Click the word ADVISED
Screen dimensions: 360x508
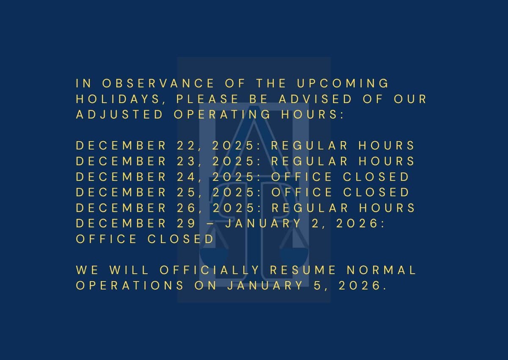coord(315,99)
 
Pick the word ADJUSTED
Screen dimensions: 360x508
coord(119,115)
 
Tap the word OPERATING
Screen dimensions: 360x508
coord(222,115)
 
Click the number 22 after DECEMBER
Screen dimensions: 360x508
coord(185,146)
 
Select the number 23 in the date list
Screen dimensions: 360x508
coord(185,162)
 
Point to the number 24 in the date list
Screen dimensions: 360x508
coord(185,177)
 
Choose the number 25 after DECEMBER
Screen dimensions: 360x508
coord(185,192)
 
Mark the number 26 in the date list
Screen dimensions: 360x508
coord(185,208)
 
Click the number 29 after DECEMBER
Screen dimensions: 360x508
coord(185,223)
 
